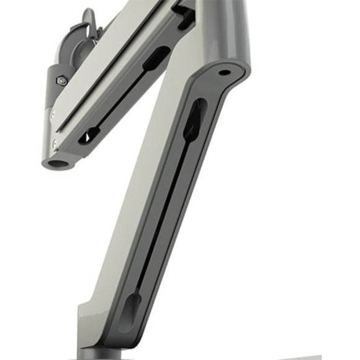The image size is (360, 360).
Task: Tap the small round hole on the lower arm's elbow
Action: (x=222, y=72)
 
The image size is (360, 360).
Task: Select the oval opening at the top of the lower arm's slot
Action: (x=194, y=118)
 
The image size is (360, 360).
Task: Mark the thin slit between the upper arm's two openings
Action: (x=122, y=96)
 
